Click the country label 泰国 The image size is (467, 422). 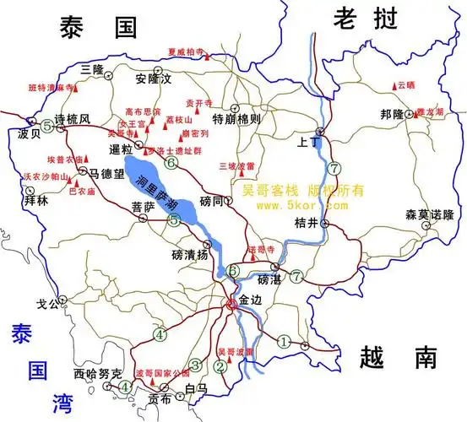coord(99,29)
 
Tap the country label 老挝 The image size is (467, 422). coord(365,19)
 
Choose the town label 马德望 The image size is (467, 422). coord(107,174)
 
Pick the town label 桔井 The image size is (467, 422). coord(305,223)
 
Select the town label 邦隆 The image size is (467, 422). coord(393,115)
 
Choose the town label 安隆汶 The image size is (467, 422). coord(153,79)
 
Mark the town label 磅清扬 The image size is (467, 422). coord(188,253)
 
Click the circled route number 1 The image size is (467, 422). coord(283,341)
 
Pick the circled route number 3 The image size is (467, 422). coord(195,365)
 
